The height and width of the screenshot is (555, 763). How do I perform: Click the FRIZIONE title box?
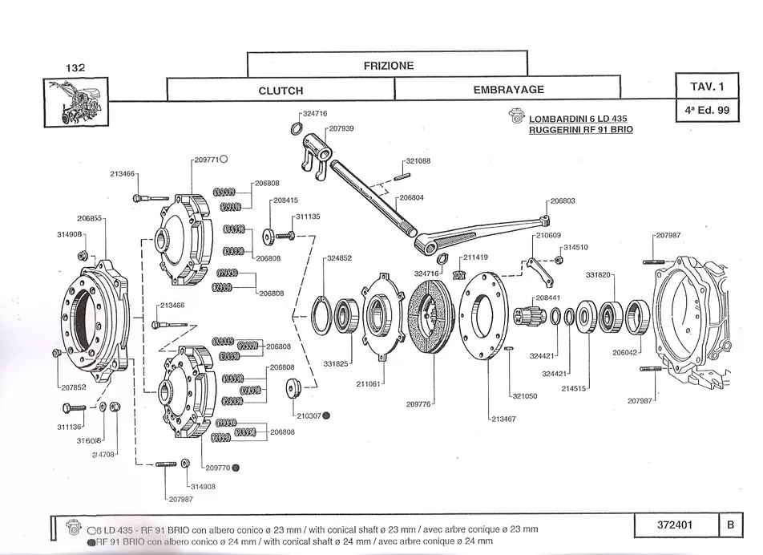pyautogui.click(x=388, y=65)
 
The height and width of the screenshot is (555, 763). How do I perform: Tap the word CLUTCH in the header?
pyautogui.click(x=281, y=91)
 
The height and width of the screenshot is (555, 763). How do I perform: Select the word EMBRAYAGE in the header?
pyautogui.click(x=508, y=90)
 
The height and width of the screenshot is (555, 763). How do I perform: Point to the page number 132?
pyautogui.click(x=75, y=69)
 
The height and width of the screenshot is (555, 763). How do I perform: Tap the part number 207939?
pyautogui.click(x=341, y=128)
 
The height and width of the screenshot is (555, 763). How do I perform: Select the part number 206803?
pyautogui.click(x=564, y=201)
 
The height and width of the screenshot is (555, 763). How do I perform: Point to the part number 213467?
pyautogui.click(x=503, y=419)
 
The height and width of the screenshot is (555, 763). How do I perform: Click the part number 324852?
pyautogui.click(x=339, y=258)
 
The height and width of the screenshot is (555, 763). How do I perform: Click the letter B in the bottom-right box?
pyautogui.click(x=730, y=525)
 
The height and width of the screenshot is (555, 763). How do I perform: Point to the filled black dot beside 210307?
pyautogui.click(x=327, y=416)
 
